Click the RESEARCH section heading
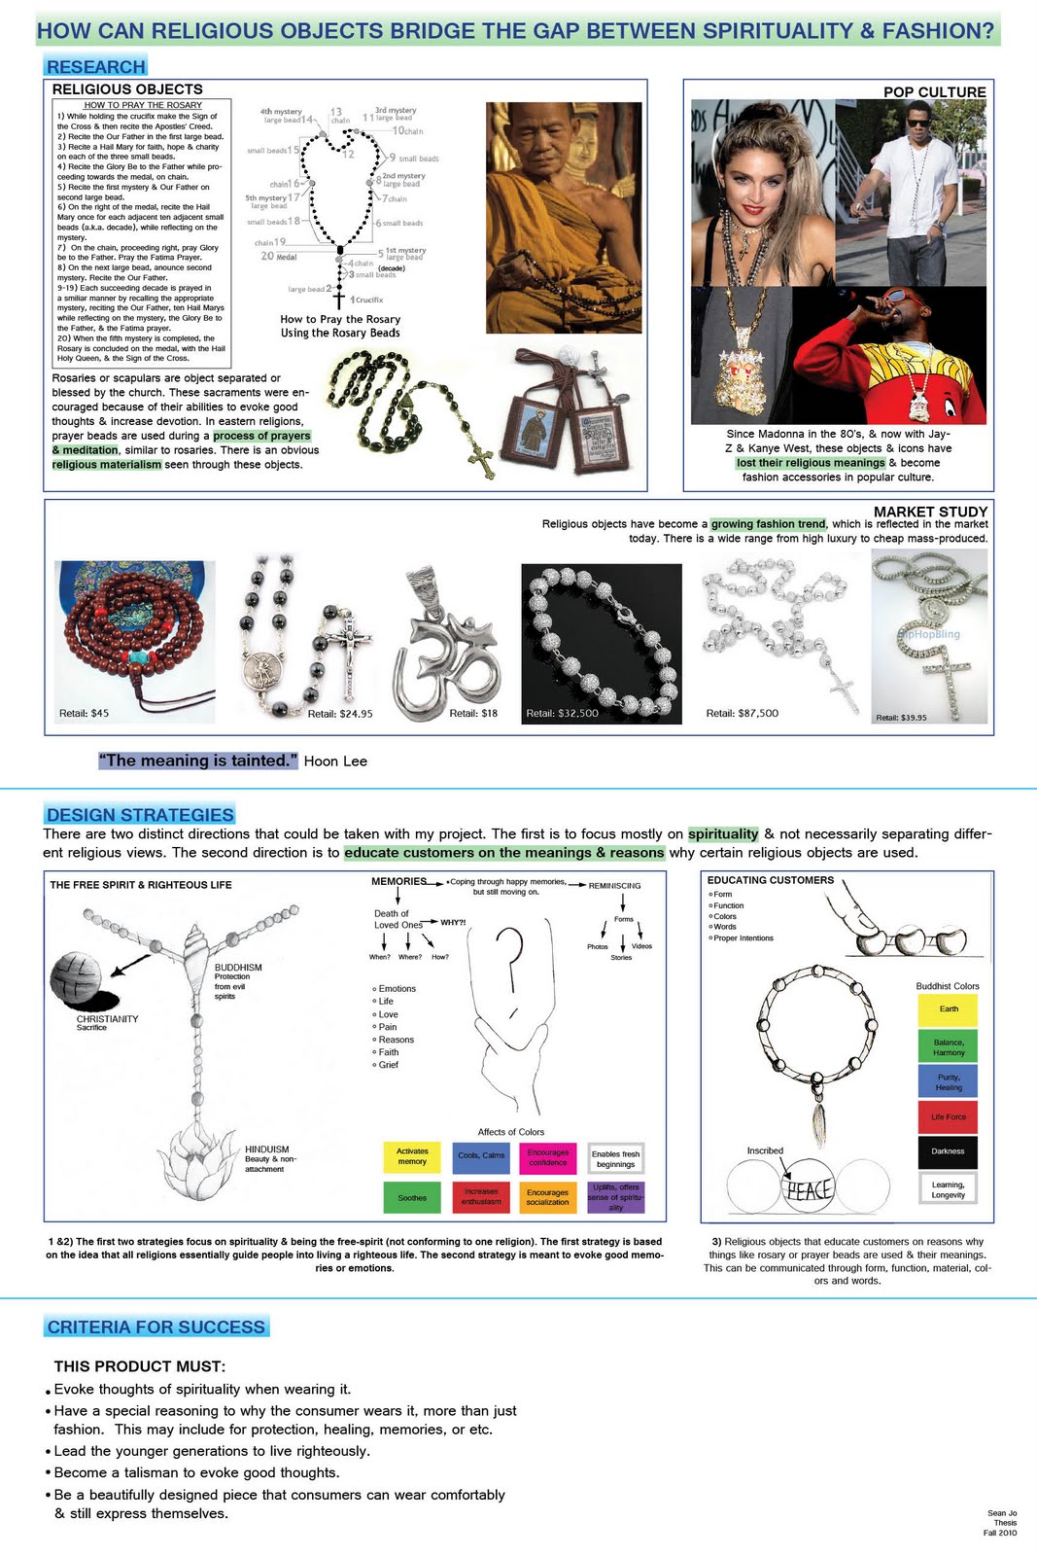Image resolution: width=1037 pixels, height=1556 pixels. click(x=95, y=67)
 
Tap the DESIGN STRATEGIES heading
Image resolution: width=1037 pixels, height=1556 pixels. click(x=140, y=815)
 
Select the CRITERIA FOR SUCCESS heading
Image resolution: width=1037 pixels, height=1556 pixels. click(x=156, y=1327)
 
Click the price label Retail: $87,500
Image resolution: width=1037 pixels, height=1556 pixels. click(x=742, y=713)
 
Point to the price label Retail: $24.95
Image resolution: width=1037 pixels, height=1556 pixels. click(x=340, y=714)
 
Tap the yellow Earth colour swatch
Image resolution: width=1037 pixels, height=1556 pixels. click(x=948, y=1009)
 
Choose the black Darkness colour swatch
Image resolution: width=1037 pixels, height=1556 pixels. click(x=948, y=1151)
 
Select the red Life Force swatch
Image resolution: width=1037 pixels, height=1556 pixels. click(x=948, y=1116)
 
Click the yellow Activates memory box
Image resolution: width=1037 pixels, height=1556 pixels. click(x=412, y=1156)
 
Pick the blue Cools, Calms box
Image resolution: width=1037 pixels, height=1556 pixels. click(x=480, y=1156)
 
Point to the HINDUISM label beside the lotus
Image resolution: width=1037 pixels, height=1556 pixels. click(x=266, y=1149)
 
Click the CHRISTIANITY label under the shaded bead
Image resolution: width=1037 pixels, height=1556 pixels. click(x=107, y=1019)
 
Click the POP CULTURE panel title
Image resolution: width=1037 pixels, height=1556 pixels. click(x=934, y=92)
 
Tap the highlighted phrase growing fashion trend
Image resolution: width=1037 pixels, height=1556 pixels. click(x=768, y=524)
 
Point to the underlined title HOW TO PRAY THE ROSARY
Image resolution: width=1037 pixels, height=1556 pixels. click(x=143, y=105)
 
